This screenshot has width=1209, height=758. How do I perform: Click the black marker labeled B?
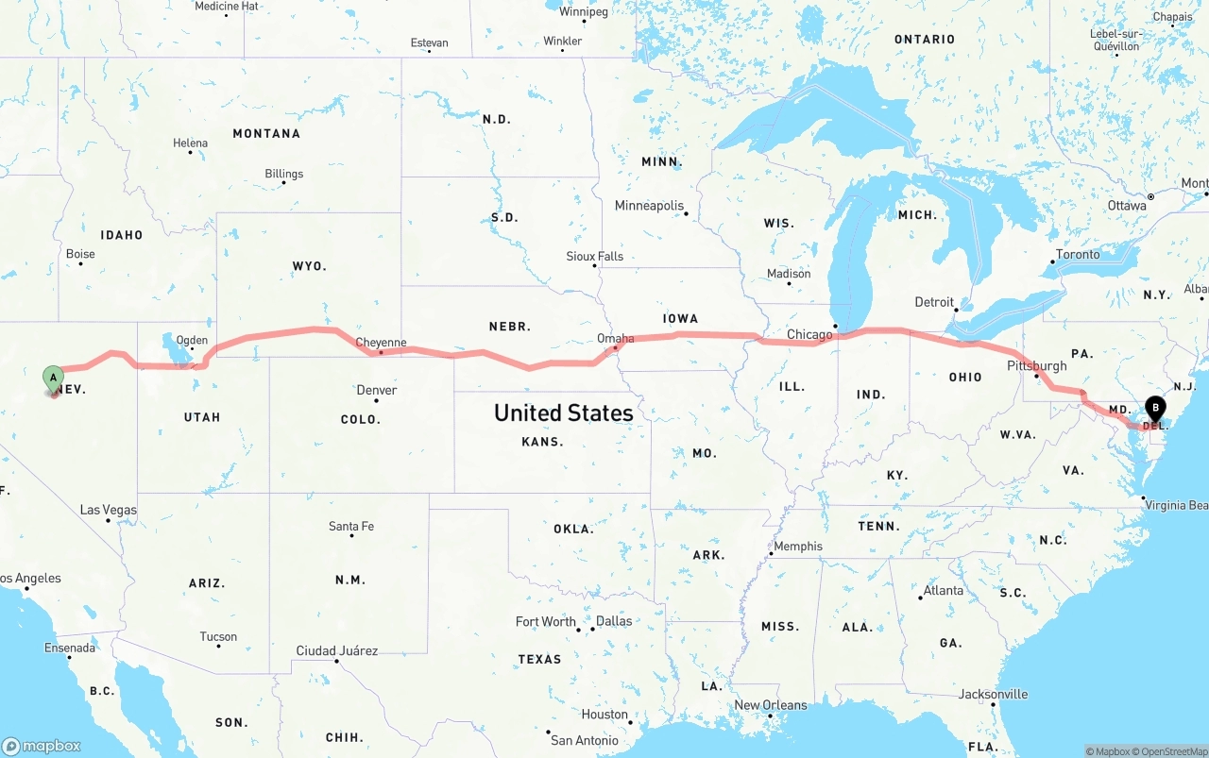pyautogui.click(x=1154, y=409)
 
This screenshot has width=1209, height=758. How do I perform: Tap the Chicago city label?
pyautogui.click(x=809, y=334)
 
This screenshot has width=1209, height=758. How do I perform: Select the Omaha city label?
pyautogui.click(x=616, y=338)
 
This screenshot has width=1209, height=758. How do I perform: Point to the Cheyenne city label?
pyautogui.click(x=381, y=343)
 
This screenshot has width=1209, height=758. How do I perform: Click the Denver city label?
pyautogui.click(x=377, y=390)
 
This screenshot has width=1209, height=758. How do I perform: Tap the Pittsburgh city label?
pyautogui.click(x=1036, y=365)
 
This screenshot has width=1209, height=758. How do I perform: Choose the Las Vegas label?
pyautogui.click(x=108, y=510)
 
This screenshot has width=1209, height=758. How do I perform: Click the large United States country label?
pyautogui.click(x=563, y=413)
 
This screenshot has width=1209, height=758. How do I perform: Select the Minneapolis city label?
pyautogui.click(x=649, y=205)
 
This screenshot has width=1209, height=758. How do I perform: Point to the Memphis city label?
pyautogui.click(x=797, y=546)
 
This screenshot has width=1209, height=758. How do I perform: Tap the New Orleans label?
pyautogui.click(x=771, y=704)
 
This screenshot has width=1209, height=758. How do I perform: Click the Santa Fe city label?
pyautogui.click(x=351, y=526)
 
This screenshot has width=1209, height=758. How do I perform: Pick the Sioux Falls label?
pyautogui.click(x=595, y=256)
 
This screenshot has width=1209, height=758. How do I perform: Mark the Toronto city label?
pyautogui.click(x=1078, y=254)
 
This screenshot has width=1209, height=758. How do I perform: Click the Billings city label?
pyautogui.click(x=283, y=174)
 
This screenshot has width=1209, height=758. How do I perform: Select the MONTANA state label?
pyautogui.click(x=266, y=133)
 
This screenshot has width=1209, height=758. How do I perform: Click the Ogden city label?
pyautogui.click(x=192, y=340)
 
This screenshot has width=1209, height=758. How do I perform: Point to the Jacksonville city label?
pyautogui.click(x=993, y=694)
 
